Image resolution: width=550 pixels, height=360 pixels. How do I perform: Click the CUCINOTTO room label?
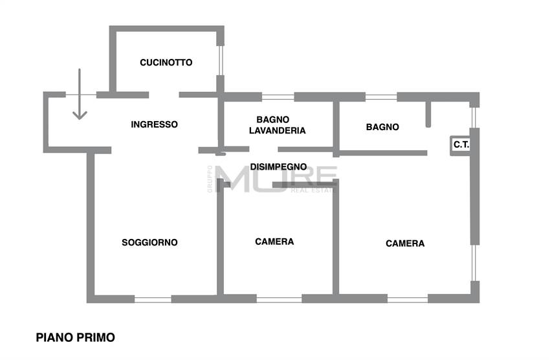tap(166, 63)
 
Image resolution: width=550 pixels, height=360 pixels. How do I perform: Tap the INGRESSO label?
tap(154, 124)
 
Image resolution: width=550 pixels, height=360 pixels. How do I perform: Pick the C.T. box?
tap(461, 146)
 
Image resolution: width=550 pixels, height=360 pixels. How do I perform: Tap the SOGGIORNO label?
tap(149, 243)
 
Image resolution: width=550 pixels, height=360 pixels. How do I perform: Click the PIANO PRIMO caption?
tap(76, 337)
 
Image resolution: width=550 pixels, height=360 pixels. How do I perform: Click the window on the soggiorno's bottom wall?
tap(153, 299)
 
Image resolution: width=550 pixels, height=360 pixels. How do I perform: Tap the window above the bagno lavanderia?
tap(278, 97)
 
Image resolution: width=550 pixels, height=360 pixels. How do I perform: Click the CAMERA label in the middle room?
tap(274, 242)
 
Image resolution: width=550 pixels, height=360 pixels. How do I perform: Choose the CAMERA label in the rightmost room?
tap(405, 243)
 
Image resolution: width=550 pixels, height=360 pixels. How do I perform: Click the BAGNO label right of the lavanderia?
tap(382, 127)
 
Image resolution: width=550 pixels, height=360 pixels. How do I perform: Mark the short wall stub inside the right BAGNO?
tap(428, 114)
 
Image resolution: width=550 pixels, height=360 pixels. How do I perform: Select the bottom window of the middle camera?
tap(279, 299)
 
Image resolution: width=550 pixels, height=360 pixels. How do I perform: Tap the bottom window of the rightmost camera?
tap(407, 299)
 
